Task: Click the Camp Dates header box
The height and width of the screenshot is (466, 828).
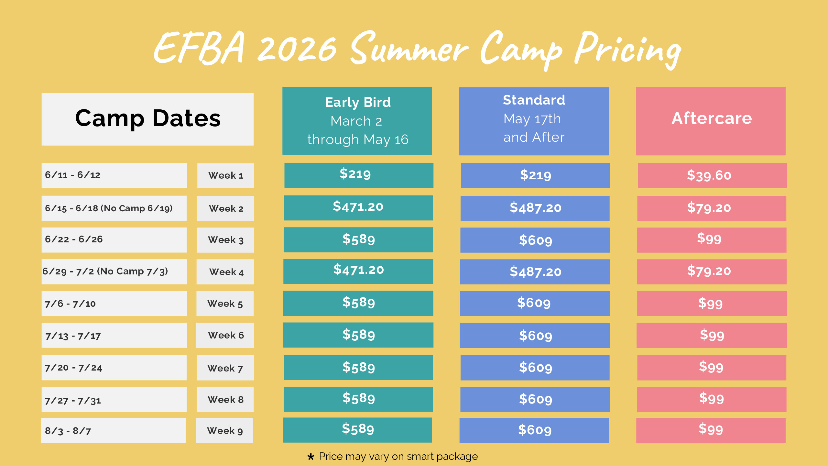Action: [x=147, y=119]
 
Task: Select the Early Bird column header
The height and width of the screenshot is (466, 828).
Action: [x=357, y=121]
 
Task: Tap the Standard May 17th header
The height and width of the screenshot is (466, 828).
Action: [x=534, y=121]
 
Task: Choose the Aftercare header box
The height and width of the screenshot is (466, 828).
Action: [x=711, y=121]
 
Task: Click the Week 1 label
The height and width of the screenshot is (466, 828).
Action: [x=225, y=175]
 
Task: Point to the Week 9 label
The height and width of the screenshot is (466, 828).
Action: [x=224, y=430]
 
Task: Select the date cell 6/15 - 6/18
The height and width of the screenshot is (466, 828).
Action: [x=114, y=208]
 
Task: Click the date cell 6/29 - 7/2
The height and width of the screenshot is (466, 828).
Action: [x=114, y=272]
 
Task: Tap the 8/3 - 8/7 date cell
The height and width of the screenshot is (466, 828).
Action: [x=114, y=430]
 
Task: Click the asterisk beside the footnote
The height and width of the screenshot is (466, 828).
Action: [x=310, y=457]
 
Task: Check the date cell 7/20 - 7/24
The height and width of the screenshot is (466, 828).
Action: [x=114, y=368]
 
